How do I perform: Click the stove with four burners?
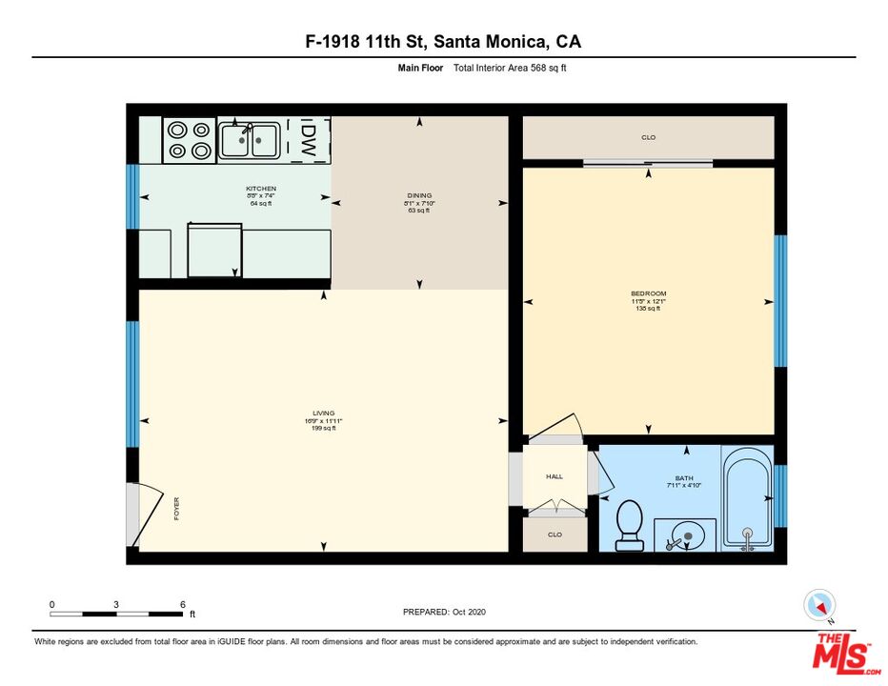point(189,139)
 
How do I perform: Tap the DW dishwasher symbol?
point(309,140)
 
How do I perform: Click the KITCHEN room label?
point(261,189)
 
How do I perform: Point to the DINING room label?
point(419,196)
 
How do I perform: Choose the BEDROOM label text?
point(648,293)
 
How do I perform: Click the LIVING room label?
point(324,414)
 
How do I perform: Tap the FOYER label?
point(176,508)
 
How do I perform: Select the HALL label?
point(555,476)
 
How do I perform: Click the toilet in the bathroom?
point(629,526)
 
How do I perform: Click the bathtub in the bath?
point(747,499)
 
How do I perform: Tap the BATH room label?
point(684,478)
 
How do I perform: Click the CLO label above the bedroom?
point(648,138)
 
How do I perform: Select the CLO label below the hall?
point(555,535)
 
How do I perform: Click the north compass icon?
point(819,605)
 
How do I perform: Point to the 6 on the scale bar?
point(182,605)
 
